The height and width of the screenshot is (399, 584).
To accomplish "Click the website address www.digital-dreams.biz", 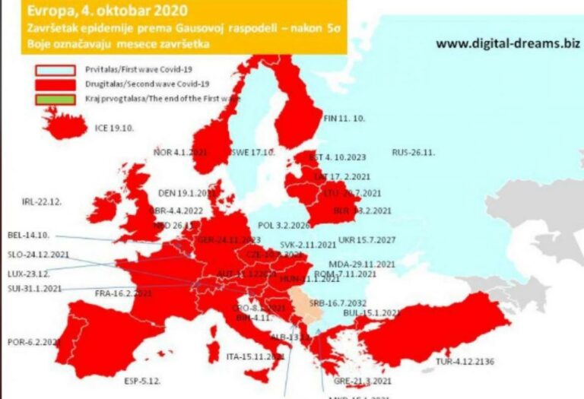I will coord(504,43).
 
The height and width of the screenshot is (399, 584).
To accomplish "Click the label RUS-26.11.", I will coord(413,153).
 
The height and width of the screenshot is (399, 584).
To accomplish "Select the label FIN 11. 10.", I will coord(344,119).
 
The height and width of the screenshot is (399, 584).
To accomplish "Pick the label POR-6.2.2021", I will coord(32,342).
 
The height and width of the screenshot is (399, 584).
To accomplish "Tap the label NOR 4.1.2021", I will coord(180,153).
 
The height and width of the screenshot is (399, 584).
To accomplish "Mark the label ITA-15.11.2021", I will coord(256,356).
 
